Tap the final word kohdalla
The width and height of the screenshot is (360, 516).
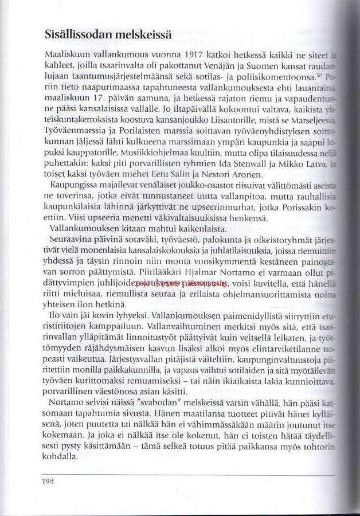click(x=60, y=457)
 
